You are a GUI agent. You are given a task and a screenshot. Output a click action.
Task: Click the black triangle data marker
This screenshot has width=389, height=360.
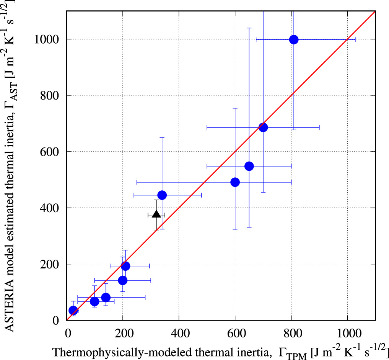[156, 214]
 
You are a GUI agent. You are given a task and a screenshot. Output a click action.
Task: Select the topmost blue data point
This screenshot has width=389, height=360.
[294, 39]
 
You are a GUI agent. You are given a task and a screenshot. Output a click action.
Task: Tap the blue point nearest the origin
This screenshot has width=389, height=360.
[73, 310]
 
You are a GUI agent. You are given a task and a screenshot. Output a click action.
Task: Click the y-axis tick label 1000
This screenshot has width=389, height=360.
[49, 39]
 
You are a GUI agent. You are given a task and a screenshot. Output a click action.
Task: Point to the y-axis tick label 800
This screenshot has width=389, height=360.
[51, 96]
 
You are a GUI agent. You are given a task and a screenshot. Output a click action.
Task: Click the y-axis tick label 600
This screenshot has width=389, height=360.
[51, 152]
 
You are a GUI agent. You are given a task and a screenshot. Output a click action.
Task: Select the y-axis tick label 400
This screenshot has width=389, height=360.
[51, 208]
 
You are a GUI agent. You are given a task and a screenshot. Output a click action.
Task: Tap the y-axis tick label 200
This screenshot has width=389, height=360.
[51, 264]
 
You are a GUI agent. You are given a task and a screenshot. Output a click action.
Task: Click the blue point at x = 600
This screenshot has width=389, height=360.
[235, 182]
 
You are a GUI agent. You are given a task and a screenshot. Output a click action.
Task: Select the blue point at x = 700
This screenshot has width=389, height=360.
[263, 127]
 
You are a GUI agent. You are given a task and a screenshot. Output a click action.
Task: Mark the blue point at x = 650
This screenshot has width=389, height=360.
[249, 166]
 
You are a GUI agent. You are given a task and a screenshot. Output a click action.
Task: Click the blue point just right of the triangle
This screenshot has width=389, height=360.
[162, 195]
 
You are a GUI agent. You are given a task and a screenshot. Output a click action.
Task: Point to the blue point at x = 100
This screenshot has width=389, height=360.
[94, 301]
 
